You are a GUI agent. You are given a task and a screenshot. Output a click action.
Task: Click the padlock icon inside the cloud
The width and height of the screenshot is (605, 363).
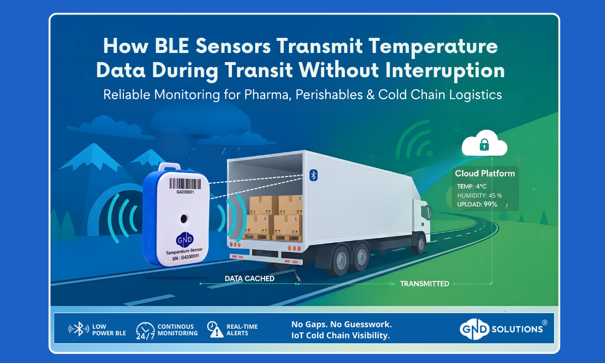[x=484, y=145]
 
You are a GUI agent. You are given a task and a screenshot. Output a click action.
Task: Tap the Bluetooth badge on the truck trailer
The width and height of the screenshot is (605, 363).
[x=313, y=175]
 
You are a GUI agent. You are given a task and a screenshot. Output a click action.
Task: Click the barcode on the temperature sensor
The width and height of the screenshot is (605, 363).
[x=186, y=184]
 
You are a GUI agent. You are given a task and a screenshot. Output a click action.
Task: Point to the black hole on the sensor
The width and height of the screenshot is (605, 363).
[x=184, y=218]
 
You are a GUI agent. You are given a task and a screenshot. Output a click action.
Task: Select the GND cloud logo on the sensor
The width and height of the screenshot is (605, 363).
[x=185, y=239]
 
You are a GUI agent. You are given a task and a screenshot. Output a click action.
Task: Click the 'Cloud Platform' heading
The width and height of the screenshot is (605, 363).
[x=485, y=173]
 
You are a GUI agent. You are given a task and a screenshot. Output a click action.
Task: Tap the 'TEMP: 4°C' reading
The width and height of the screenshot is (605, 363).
[x=471, y=187]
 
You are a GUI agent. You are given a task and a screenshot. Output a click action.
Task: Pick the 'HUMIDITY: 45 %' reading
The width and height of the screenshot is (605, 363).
[x=479, y=195]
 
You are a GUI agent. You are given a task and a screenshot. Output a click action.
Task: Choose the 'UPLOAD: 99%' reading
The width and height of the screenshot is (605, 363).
[x=477, y=204]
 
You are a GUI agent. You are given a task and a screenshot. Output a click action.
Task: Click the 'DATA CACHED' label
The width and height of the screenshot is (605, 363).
[x=250, y=278]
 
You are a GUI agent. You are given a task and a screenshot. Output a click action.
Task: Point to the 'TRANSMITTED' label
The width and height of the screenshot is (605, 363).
[x=425, y=283]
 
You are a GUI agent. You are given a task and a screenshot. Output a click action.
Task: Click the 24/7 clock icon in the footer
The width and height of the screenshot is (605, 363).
[x=145, y=331]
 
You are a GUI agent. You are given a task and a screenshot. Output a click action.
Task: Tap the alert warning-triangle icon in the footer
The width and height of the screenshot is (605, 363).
[x=215, y=330]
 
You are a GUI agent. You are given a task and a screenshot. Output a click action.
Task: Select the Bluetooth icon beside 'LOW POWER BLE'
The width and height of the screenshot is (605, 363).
[x=79, y=329]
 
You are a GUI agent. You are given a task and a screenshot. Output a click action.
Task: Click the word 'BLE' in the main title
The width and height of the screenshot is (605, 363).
[x=172, y=46]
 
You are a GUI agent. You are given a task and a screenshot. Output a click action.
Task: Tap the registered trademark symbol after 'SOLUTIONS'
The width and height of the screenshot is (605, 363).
[x=544, y=323]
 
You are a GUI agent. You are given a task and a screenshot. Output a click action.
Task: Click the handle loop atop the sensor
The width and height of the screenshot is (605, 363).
[x=169, y=167]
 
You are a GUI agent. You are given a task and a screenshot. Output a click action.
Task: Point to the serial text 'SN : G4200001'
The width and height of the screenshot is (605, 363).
[x=186, y=257]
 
